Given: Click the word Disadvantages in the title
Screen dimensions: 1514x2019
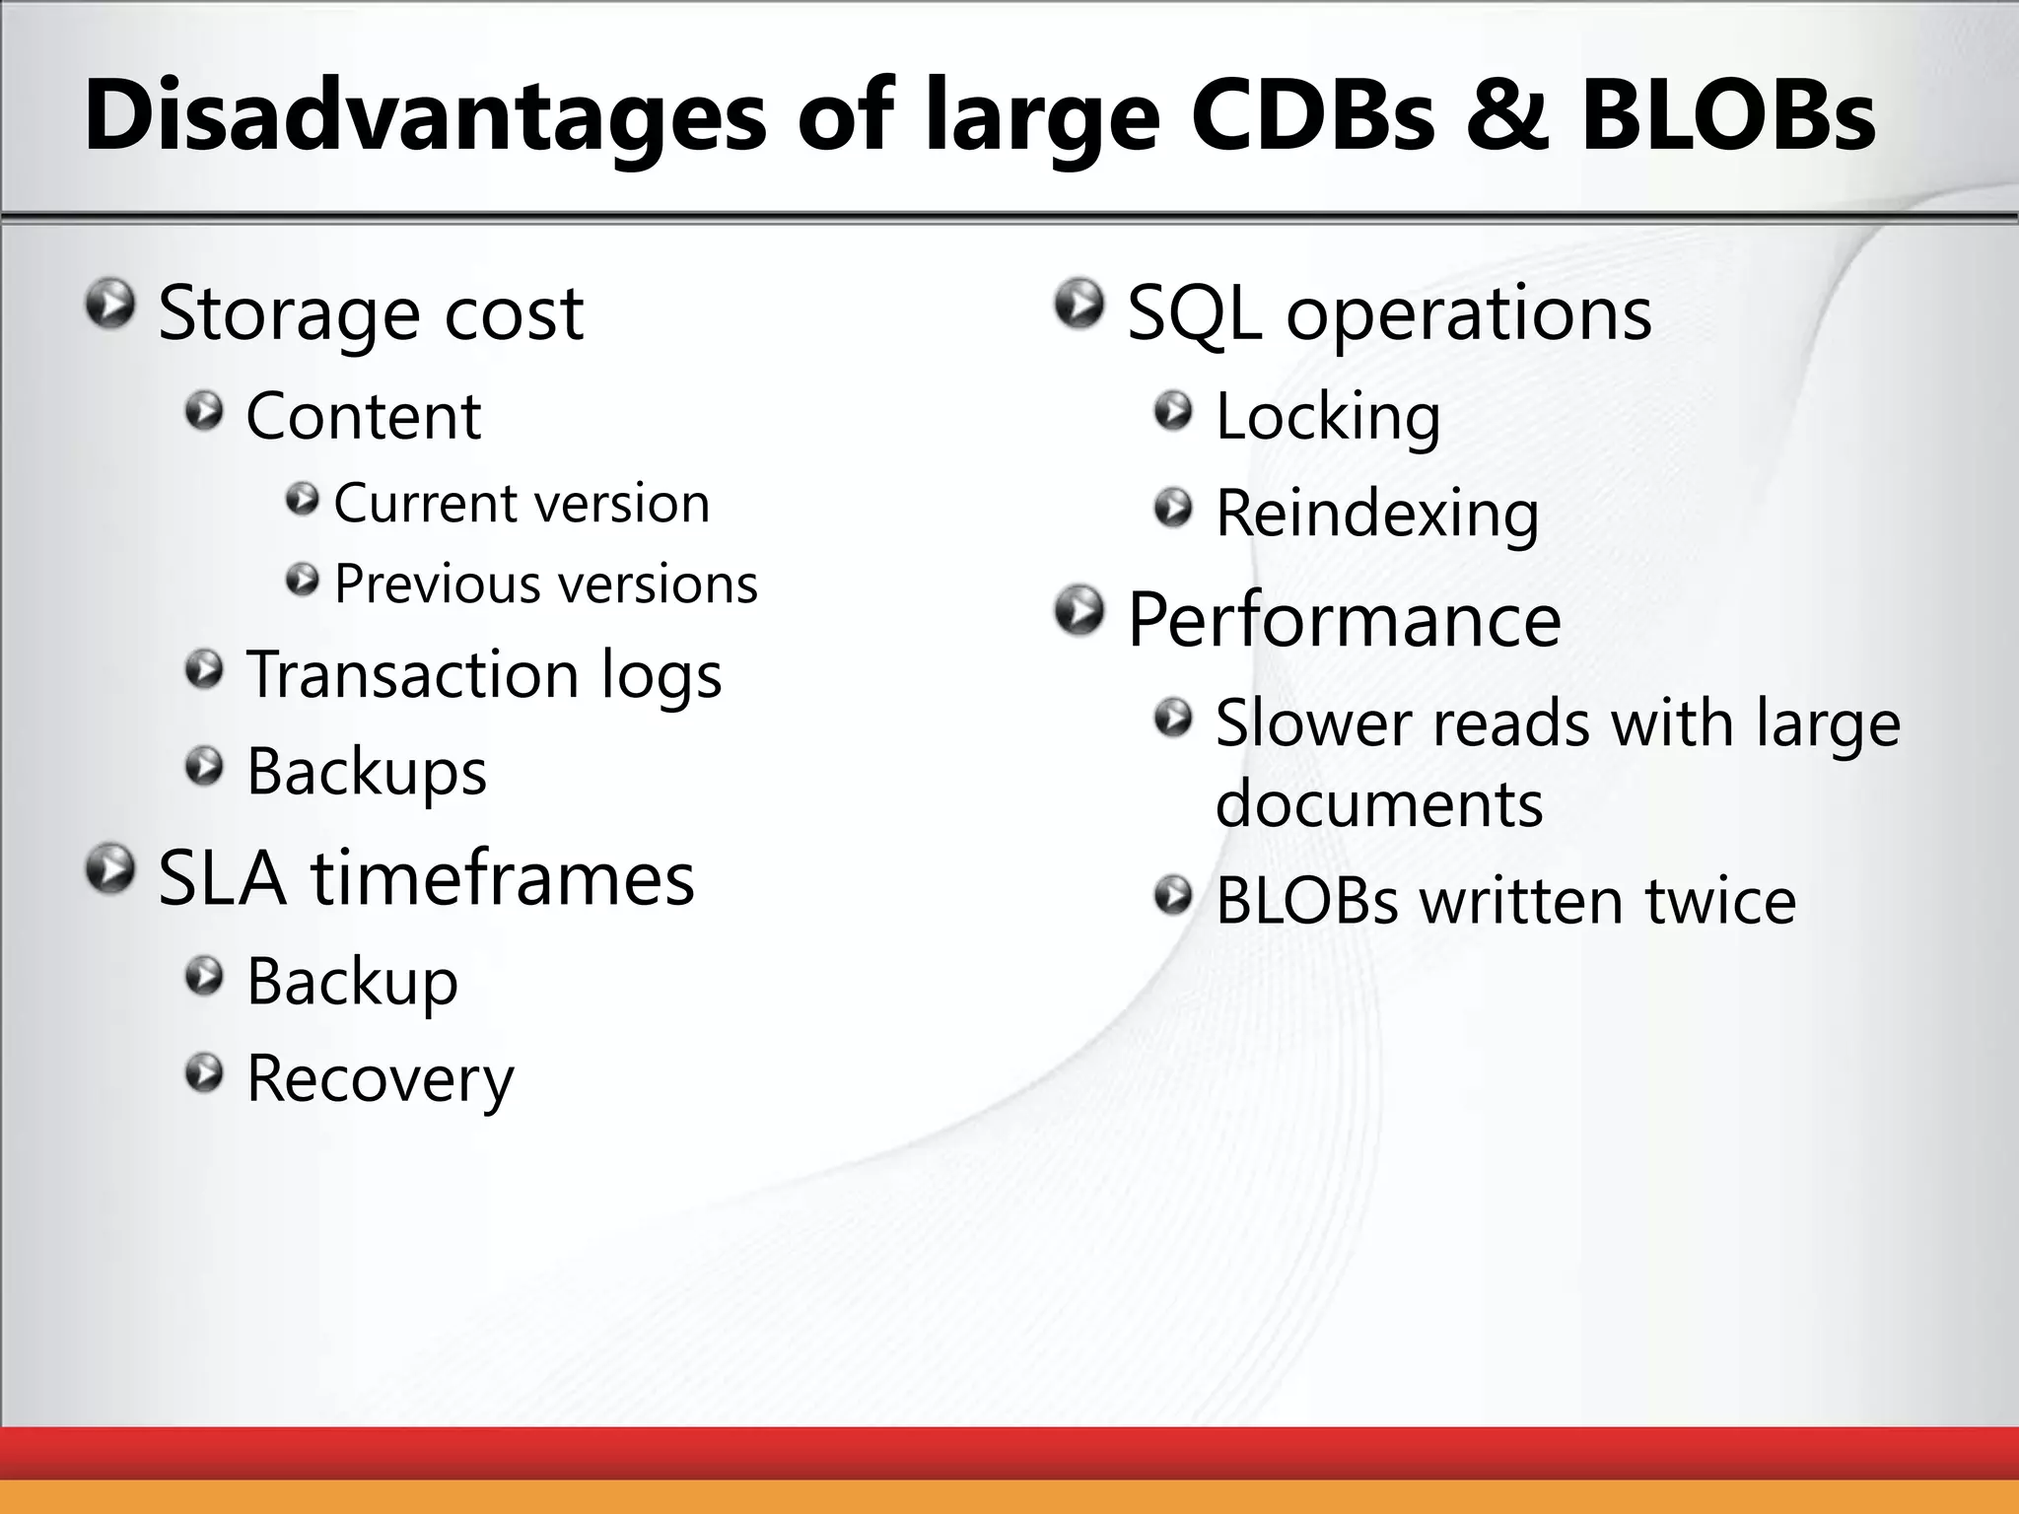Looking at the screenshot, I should point(424,116).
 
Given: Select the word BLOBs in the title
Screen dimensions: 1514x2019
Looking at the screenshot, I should point(1728,116).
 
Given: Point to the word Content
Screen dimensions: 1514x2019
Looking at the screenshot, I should point(363,416).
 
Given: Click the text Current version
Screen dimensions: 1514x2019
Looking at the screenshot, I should point(522,504).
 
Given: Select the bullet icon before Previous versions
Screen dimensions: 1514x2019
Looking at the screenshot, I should point(303,580).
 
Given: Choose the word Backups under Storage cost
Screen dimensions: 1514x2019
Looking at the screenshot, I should point(366,771).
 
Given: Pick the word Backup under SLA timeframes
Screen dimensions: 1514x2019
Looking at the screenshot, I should point(352,982).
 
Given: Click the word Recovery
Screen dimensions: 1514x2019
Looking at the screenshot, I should point(380,1077).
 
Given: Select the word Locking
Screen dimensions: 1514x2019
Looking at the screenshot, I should point(1328,416).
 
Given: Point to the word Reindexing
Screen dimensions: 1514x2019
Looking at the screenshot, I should point(1376,514).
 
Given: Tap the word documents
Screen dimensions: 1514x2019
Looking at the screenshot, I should point(1378,803).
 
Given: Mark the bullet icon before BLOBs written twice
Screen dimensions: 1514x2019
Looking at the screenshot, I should point(1173,897).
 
